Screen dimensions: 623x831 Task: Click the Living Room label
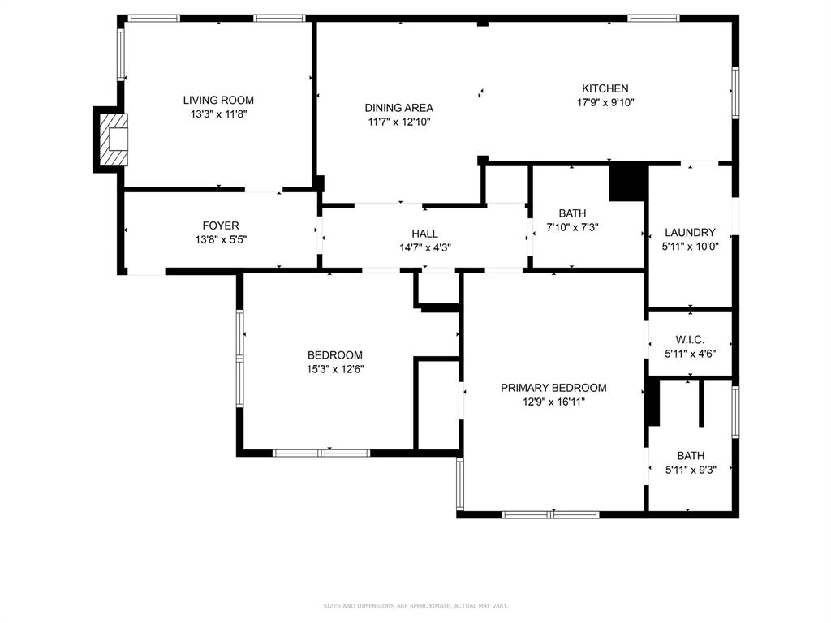[218, 101]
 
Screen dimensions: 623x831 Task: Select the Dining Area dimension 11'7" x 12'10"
[398, 122]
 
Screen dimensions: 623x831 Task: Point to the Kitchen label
[605, 88]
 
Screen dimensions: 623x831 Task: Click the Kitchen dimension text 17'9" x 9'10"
[605, 103]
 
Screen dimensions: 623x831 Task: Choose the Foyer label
[221, 226]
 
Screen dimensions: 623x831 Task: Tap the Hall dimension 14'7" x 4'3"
[424, 248]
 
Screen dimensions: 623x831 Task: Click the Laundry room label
[690, 232]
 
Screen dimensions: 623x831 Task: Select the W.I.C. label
[690, 339]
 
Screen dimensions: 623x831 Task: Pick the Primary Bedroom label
[553, 388]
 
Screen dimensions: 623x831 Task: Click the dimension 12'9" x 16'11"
[553, 402]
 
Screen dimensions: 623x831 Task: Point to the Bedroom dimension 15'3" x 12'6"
[334, 370]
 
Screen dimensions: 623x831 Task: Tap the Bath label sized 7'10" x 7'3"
[572, 213]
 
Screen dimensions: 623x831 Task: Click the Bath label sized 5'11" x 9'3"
[691, 456]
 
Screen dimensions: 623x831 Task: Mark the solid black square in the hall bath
[627, 182]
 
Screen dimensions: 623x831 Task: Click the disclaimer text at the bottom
[415, 606]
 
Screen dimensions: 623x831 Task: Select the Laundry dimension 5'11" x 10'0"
[690, 247]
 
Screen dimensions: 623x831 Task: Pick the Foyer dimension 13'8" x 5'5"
[221, 240]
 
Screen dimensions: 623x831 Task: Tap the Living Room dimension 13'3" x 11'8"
[218, 115]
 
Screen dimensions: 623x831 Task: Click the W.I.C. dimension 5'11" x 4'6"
[690, 354]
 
